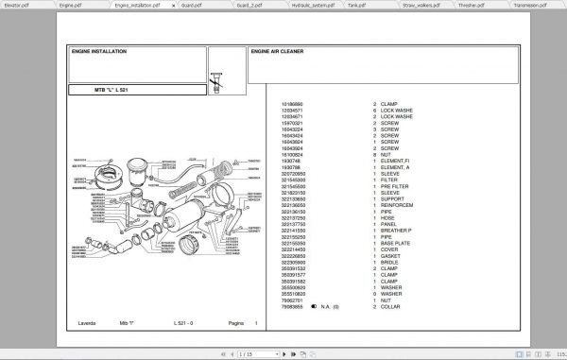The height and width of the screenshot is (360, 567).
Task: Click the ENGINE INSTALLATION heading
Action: (98, 52)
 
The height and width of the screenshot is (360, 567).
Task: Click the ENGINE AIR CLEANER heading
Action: (283, 52)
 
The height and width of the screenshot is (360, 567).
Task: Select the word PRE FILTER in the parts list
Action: (398, 185)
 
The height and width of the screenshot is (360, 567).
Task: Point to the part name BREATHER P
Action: (400, 230)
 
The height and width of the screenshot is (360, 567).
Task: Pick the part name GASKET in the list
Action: (393, 257)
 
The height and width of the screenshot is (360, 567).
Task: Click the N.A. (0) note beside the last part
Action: (332, 307)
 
